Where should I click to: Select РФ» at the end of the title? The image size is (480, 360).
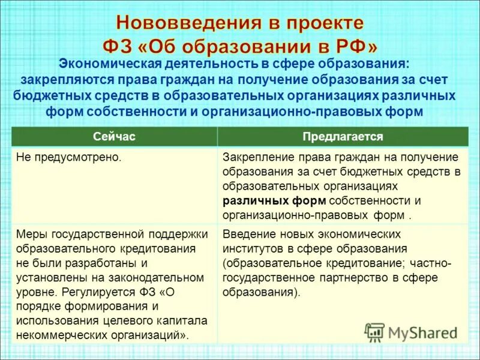point(351,46)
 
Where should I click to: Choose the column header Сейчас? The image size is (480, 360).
point(114,137)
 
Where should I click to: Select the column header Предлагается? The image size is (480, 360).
point(343,137)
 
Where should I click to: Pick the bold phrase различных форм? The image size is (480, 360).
point(274,200)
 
